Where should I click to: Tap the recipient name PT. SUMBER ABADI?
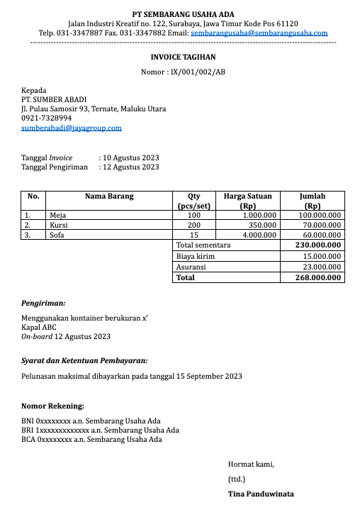point(54,99)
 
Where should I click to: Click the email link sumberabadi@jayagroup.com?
point(72,128)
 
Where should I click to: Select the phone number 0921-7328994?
point(47,118)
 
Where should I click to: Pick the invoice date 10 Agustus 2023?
point(131,157)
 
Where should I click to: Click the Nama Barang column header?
point(109,196)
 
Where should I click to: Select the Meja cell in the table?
point(57,214)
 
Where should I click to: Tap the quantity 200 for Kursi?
point(194,224)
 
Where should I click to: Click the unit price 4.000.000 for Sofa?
point(259,234)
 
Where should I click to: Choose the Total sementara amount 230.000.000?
point(318,245)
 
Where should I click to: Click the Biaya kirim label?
point(196,256)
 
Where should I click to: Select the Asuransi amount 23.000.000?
point(322,267)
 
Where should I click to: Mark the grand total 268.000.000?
point(318,278)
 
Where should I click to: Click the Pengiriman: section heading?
point(43,303)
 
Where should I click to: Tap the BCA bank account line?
point(91,439)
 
